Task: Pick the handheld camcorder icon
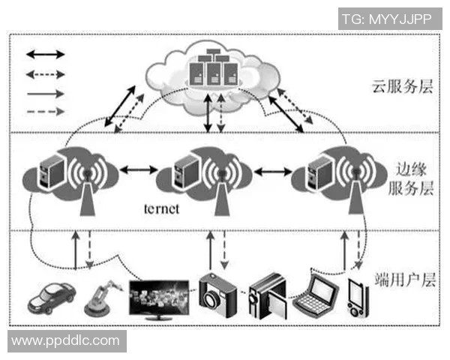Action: pos(267,293)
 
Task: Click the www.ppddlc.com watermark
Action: pos(66,340)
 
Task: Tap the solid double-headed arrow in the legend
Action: pos(46,55)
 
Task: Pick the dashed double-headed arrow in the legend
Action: pos(46,74)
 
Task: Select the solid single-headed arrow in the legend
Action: pos(46,93)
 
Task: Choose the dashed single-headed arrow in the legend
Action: pos(46,112)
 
